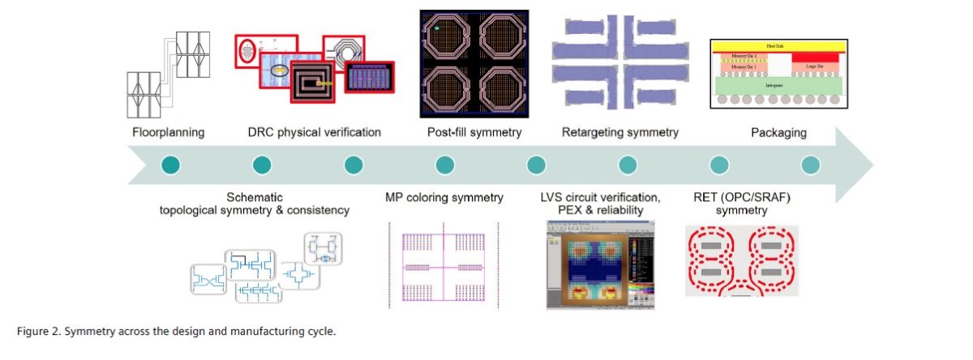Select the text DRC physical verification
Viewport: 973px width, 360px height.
coord(314,132)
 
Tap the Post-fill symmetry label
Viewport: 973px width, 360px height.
coord(474,132)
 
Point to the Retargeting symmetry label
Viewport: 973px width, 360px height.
coord(619,132)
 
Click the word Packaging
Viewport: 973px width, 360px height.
coord(778,132)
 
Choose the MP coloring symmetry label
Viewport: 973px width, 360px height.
coord(444,197)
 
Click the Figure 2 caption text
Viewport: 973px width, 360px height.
coord(175,331)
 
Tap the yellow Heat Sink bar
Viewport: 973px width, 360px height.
coord(778,46)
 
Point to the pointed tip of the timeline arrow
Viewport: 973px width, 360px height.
coord(872,165)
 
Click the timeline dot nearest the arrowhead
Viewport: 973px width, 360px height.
coord(811,165)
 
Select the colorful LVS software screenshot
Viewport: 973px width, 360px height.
coord(602,264)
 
